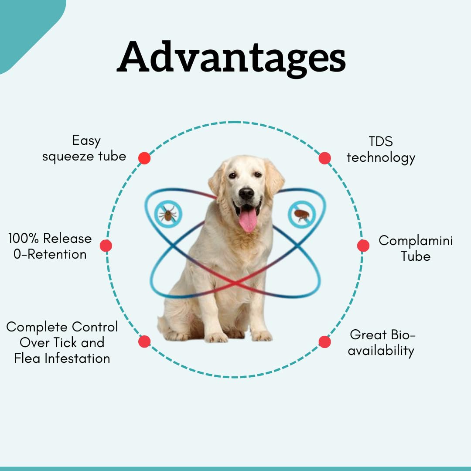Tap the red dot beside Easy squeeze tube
(x=144, y=158)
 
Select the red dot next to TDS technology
(x=325, y=158)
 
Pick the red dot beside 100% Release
(x=106, y=246)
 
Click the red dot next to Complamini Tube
(x=363, y=246)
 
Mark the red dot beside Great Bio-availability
(x=325, y=342)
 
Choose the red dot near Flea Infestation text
(x=144, y=342)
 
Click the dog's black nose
(x=246, y=194)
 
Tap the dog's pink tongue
(x=248, y=220)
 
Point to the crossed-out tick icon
(x=168, y=214)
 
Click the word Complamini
(x=416, y=241)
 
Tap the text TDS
(x=381, y=141)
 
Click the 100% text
(x=24, y=239)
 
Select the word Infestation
(x=77, y=358)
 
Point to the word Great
(x=365, y=334)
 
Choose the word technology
(x=381, y=158)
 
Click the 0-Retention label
(x=50, y=254)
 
